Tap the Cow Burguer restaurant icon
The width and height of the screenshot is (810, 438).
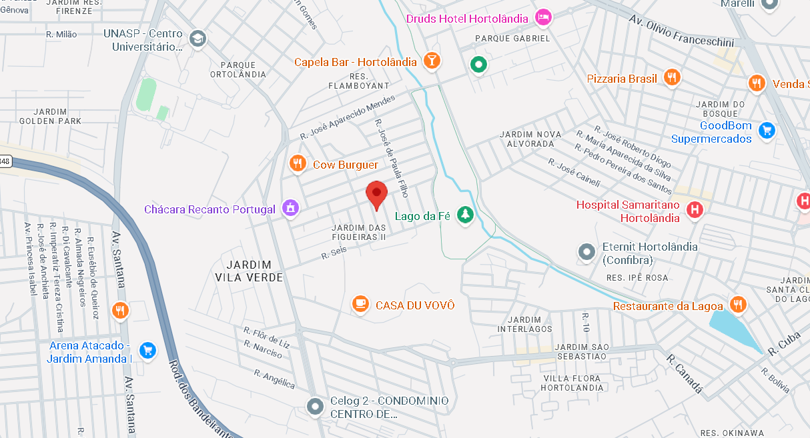point(298,163)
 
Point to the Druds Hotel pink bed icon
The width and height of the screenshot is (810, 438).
point(544,18)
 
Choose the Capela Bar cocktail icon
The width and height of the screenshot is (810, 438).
point(432,61)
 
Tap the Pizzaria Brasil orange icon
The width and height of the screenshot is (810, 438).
point(672,77)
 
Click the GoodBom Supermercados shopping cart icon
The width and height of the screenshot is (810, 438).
point(767,130)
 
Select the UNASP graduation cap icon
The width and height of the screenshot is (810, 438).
point(197,39)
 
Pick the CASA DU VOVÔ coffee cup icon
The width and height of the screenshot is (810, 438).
point(360,304)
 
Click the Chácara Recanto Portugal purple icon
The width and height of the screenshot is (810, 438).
point(290,208)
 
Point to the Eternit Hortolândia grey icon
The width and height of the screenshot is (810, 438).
point(586,252)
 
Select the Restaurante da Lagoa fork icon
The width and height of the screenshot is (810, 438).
point(737,305)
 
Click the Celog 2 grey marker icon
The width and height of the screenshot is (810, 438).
point(314,405)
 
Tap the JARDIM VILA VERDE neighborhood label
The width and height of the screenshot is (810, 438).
point(249,271)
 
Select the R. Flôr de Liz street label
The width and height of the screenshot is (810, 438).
point(267,337)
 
